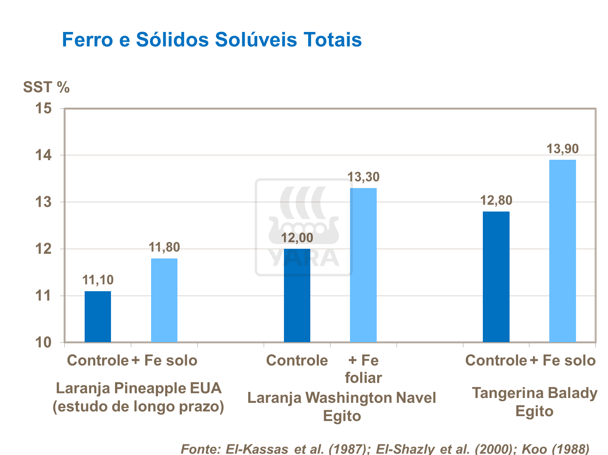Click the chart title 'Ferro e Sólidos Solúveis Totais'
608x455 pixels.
(x=211, y=40)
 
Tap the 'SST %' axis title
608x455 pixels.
(x=46, y=87)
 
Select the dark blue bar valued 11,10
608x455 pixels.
(x=98, y=317)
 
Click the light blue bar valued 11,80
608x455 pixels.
(x=164, y=300)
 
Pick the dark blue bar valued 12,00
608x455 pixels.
(x=297, y=295)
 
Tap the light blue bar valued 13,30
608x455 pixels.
(x=363, y=265)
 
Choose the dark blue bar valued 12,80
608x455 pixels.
(x=496, y=277)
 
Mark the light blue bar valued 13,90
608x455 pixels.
(x=563, y=251)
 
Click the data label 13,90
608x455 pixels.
(x=563, y=149)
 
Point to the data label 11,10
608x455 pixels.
(x=98, y=280)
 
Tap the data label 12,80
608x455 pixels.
(x=496, y=201)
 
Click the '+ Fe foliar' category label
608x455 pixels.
(x=363, y=369)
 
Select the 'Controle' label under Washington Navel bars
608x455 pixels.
(x=297, y=360)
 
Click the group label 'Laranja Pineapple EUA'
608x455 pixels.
(x=139, y=388)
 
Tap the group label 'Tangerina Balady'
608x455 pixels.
(x=534, y=393)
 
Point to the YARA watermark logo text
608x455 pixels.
(x=304, y=258)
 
